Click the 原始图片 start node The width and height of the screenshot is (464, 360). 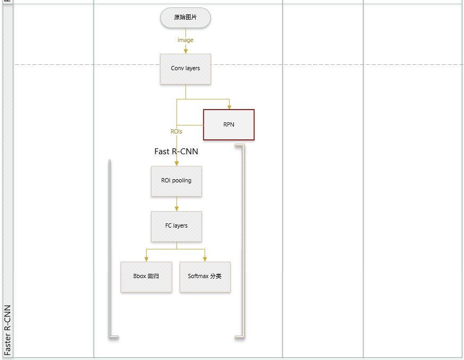pyautogui.click(x=185, y=18)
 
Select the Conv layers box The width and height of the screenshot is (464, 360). pyautogui.click(x=185, y=69)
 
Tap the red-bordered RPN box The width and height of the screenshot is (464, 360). pyautogui.click(x=229, y=125)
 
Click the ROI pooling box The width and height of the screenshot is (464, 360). pyautogui.click(x=176, y=181)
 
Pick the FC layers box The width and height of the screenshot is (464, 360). pyautogui.click(x=176, y=226)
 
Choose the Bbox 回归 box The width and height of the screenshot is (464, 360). pyautogui.click(x=146, y=277)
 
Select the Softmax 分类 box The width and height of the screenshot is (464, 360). pyautogui.click(x=205, y=277)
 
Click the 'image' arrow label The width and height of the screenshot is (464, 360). pyautogui.click(x=185, y=40)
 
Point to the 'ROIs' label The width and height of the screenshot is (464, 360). pyautogui.click(x=176, y=131)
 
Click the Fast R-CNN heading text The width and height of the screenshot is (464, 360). pyautogui.click(x=176, y=152)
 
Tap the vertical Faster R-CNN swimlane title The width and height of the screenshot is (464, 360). pyautogui.click(x=7, y=330)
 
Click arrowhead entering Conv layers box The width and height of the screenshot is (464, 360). pyautogui.click(x=185, y=51)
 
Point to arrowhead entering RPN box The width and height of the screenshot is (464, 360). pyautogui.click(x=229, y=106)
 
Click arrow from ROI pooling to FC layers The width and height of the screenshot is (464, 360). pyautogui.click(x=176, y=204)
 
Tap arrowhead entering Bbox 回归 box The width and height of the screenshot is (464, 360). pyautogui.click(x=146, y=259)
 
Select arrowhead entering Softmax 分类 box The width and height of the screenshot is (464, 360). pyautogui.click(x=205, y=259)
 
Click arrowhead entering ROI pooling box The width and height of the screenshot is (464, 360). pyautogui.click(x=176, y=163)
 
